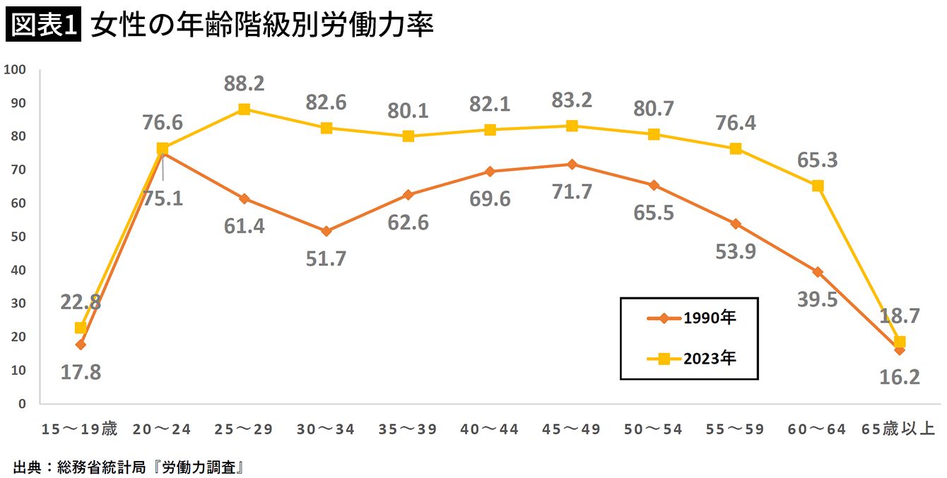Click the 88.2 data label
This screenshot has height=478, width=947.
point(245,84)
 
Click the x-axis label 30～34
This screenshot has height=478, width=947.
point(326,429)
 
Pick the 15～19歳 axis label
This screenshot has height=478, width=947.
point(79,429)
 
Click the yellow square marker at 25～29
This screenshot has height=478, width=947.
point(245,109)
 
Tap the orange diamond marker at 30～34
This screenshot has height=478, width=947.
point(326,231)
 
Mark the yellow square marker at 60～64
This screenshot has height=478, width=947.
point(818,186)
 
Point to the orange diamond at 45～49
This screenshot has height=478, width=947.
point(572,165)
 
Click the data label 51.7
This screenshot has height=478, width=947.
point(326,258)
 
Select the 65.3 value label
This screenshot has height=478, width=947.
point(818,160)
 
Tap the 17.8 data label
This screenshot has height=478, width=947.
point(81,372)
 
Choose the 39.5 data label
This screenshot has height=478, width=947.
point(818,299)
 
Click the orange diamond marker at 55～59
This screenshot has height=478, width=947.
point(736,224)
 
